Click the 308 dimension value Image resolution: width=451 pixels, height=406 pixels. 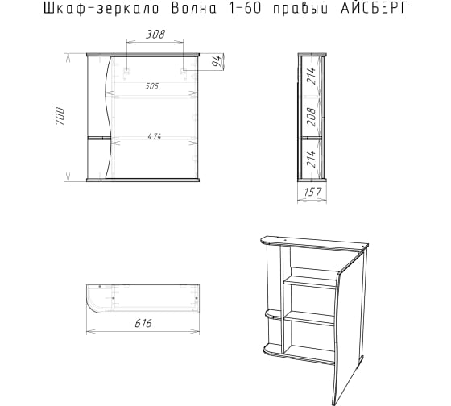click(x=155, y=35)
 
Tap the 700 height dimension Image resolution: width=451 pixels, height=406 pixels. click(x=60, y=116)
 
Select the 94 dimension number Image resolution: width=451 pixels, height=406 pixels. click(x=217, y=61)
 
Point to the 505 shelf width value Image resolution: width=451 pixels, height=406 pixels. click(x=152, y=86)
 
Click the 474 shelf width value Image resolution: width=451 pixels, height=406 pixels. click(x=155, y=136)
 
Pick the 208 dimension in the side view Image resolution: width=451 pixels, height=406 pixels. click(x=311, y=117)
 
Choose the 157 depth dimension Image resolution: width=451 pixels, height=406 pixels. click(x=312, y=192)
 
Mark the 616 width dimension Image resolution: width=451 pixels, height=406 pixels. click(x=143, y=323)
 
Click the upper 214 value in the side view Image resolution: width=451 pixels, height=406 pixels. click(x=311, y=76)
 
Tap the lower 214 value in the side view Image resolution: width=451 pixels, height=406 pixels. click(x=311, y=159)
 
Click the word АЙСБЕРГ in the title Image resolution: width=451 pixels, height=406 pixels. click(x=374, y=9)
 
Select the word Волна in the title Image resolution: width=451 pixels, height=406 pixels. click(x=194, y=9)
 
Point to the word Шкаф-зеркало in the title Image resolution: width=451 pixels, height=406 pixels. click(x=101, y=9)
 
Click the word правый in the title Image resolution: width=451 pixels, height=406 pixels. click(x=300, y=9)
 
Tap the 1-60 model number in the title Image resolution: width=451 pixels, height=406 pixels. click(x=245, y=9)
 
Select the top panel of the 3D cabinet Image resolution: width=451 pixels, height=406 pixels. click(x=314, y=242)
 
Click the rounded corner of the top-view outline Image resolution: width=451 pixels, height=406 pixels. click(x=92, y=304)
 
